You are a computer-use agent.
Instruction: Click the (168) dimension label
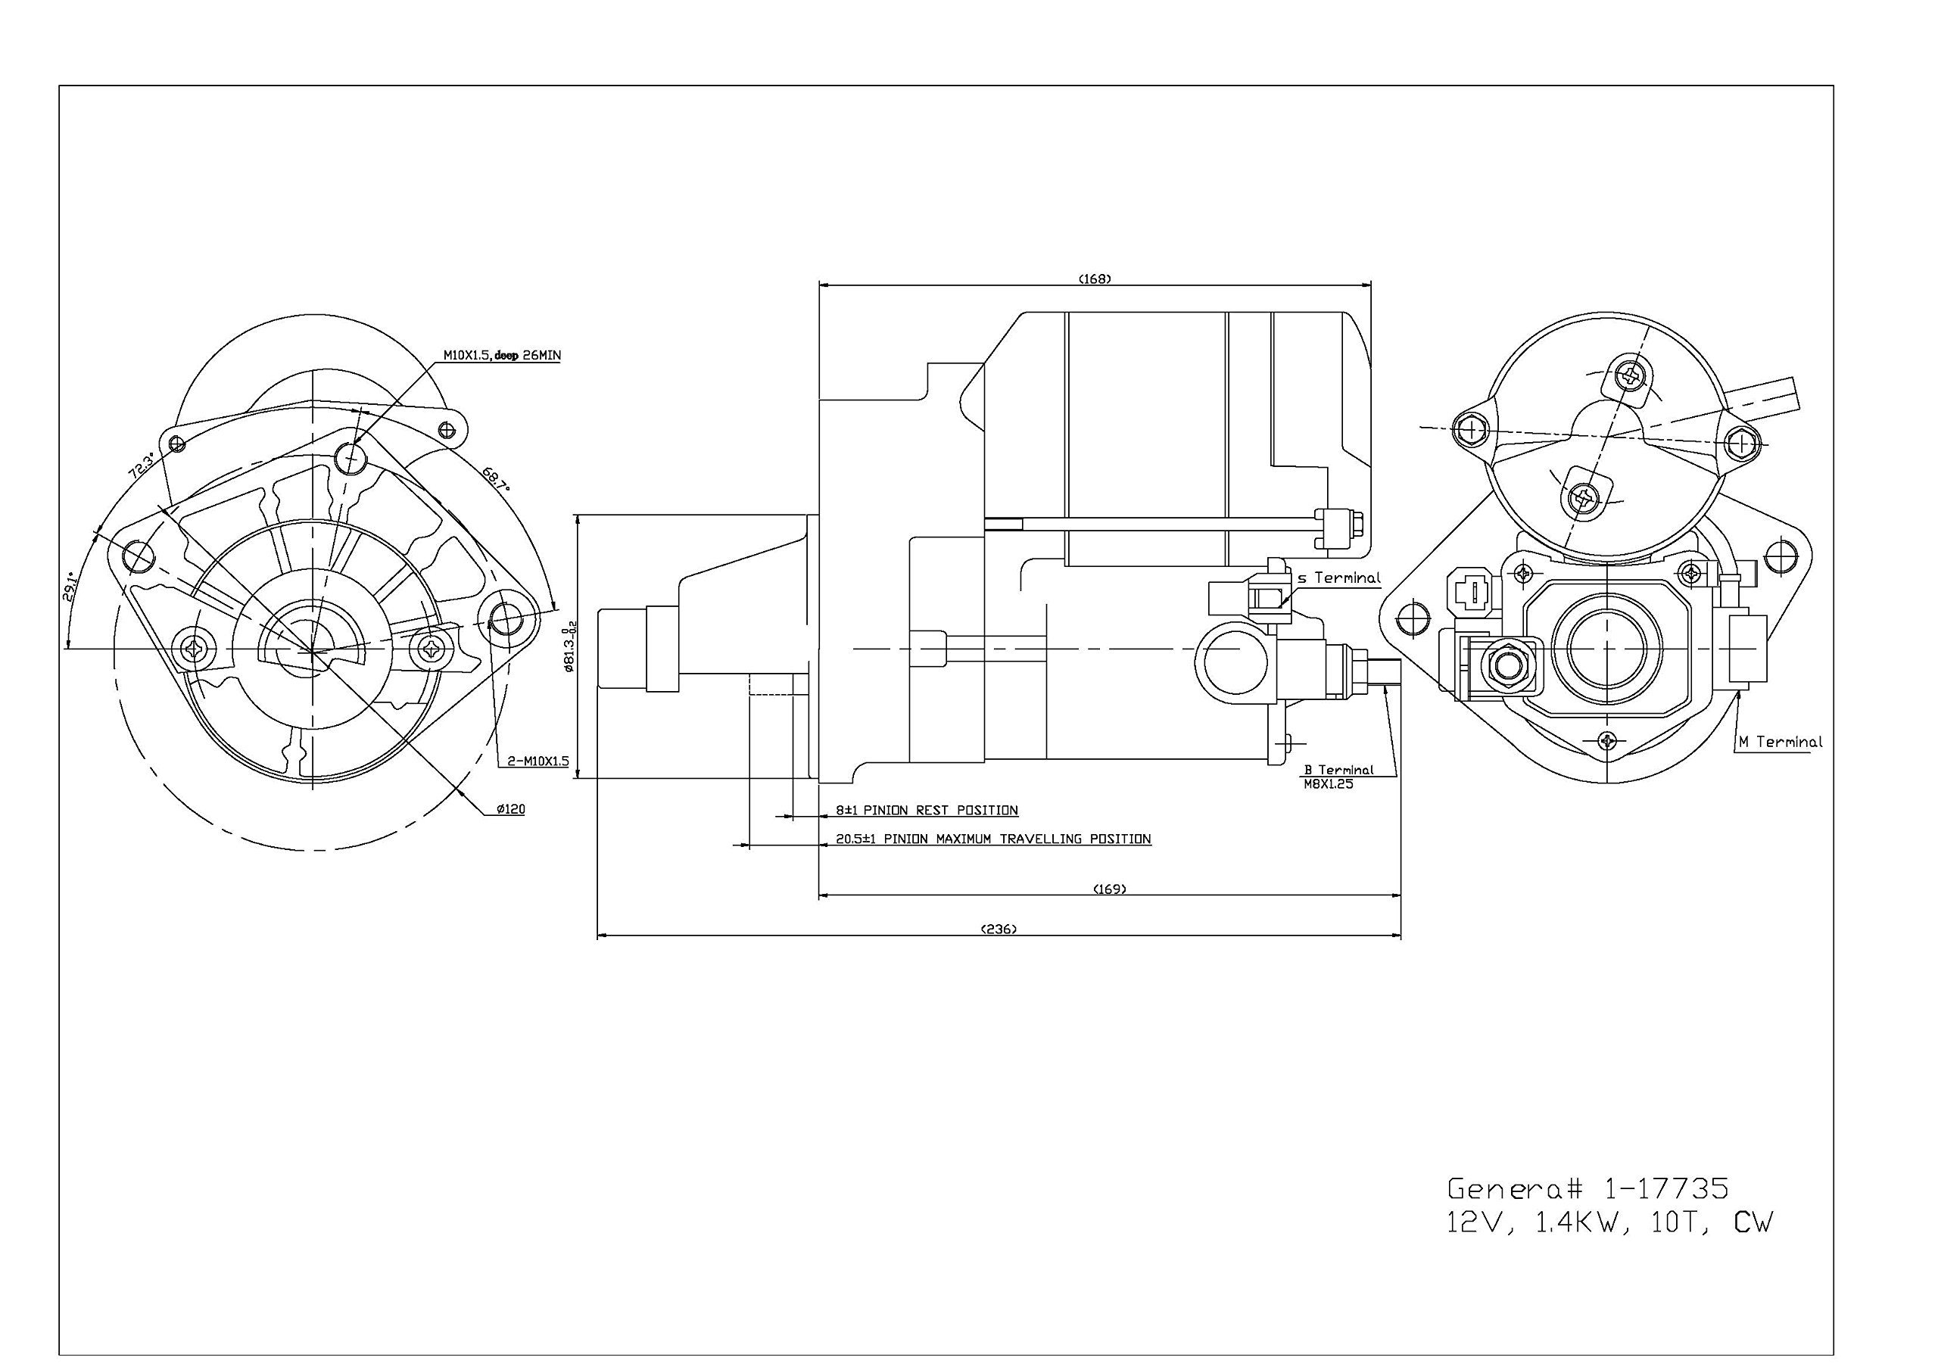(1095, 279)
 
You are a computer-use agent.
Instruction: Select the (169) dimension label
(1109, 889)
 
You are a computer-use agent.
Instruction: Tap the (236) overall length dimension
(999, 929)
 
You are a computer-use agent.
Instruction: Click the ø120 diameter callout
(511, 808)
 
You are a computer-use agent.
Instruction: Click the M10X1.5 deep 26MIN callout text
(502, 356)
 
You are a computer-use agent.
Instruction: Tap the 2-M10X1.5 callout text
(538, 761)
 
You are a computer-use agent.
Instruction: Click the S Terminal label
(1338, 578)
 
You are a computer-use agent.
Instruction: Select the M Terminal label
(1780, 742)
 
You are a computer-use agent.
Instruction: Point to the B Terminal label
(1338, 769)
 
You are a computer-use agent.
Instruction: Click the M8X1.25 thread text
(1329, 783)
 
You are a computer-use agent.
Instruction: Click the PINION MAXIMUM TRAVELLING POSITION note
(992, 839)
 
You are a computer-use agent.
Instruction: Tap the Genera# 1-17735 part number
(1587, 1188)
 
